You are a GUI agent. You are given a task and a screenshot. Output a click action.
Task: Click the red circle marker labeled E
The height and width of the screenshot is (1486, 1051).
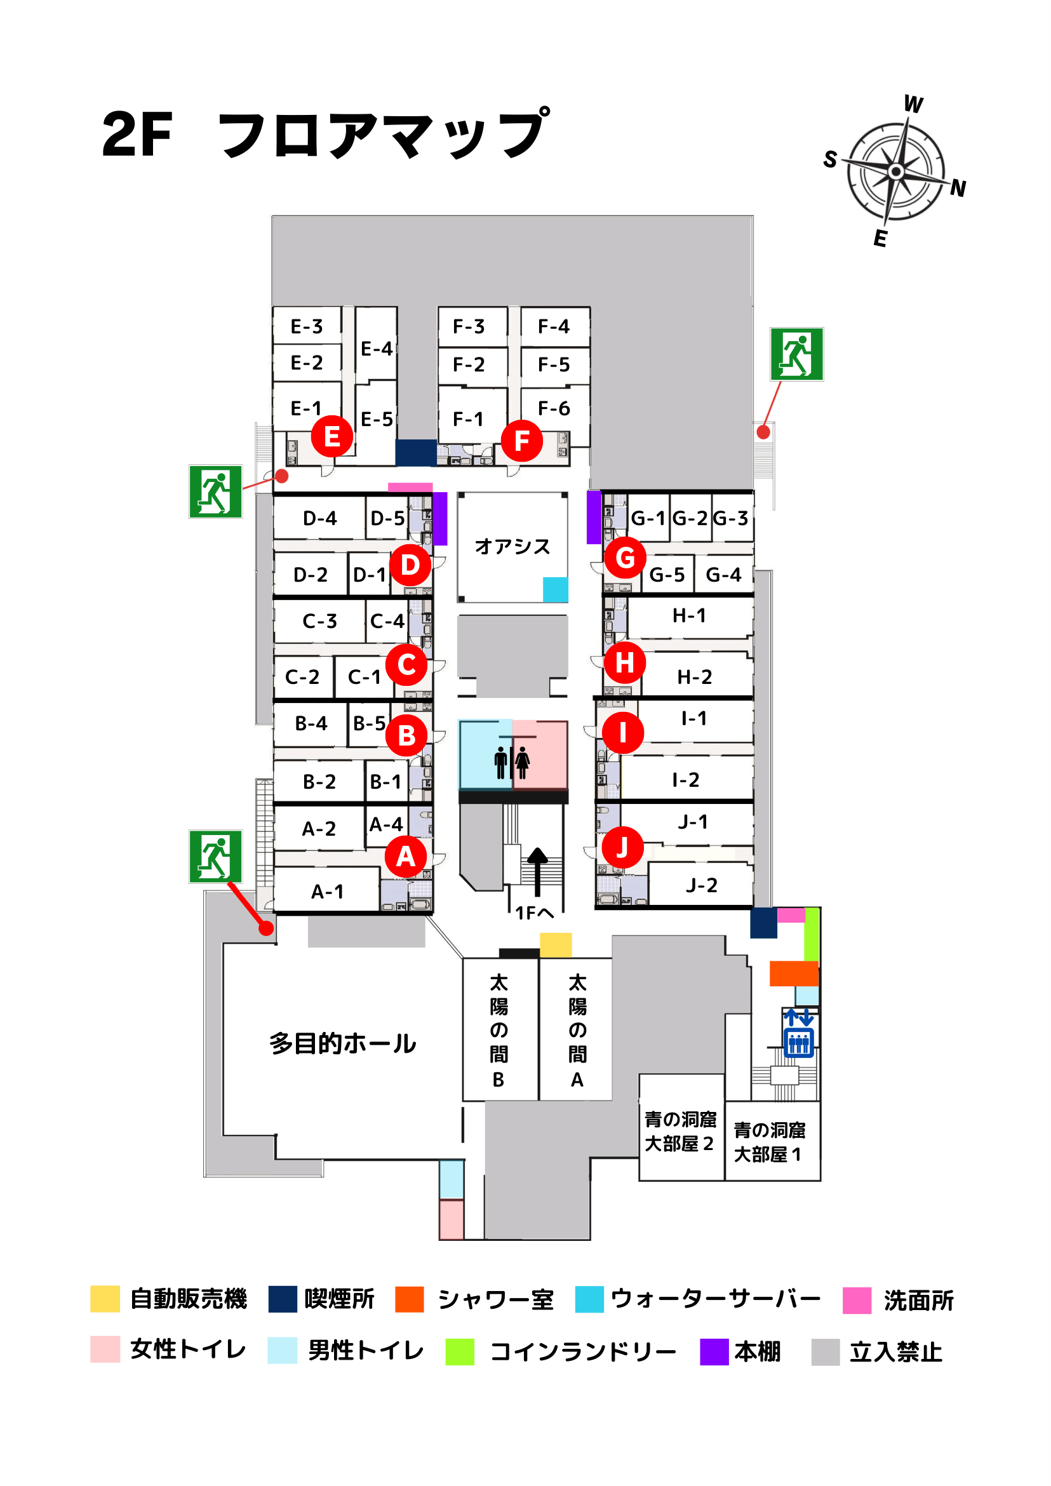pyautogui.click(x=332, y=436)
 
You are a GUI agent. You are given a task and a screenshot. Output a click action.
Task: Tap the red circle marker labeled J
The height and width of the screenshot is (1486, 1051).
pyautogui.click(x=622, y=847)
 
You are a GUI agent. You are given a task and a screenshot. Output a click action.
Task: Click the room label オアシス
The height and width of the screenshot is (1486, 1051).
pyautogui.click(x=512, y=546)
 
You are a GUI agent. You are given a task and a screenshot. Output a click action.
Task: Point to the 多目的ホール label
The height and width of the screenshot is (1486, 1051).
pyautogui.click(x=343, y=1043)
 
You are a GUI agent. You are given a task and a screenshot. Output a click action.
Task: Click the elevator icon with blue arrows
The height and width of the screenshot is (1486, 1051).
pyautogui.click(x=799, y=1034)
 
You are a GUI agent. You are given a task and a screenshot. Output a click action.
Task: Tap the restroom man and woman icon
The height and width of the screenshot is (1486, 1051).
pyautogui.click(x=512, y=763)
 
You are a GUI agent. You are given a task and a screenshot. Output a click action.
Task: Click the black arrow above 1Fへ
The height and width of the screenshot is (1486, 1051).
pyautogui.click(x=537, y=872)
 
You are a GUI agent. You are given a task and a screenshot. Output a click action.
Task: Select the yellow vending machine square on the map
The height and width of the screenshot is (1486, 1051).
pyautogui.click(x=556, y=945)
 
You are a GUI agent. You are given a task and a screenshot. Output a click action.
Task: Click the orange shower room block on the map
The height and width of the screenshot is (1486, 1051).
pyautogui.click(x=794, y=974)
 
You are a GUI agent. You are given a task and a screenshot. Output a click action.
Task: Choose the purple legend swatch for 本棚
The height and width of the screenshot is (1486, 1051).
pyautogui.click(x=714, y=1352)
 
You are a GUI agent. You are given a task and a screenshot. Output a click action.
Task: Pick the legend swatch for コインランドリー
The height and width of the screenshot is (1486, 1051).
pyautogui.click(x=460, y=1352)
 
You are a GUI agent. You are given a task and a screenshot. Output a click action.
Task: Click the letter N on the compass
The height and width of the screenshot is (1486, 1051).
pyautogui.click(x=958, y=189)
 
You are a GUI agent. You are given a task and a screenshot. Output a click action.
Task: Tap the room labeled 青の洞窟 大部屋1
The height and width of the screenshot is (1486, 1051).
pyautogui.click(x=772, y=1142)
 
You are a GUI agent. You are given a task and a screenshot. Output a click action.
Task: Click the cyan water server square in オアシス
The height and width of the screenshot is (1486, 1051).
pyautogui.click(x=555, y=589)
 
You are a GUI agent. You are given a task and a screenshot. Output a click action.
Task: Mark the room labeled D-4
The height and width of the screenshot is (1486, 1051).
pyautogui.click(x=319, y=518)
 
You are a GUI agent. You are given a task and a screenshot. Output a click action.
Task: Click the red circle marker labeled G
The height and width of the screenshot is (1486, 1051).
pyautogui.click(x=625, y=558)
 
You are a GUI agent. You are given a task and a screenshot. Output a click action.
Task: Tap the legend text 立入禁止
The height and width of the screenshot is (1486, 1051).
pyautogui.click(x=895, y=1352)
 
